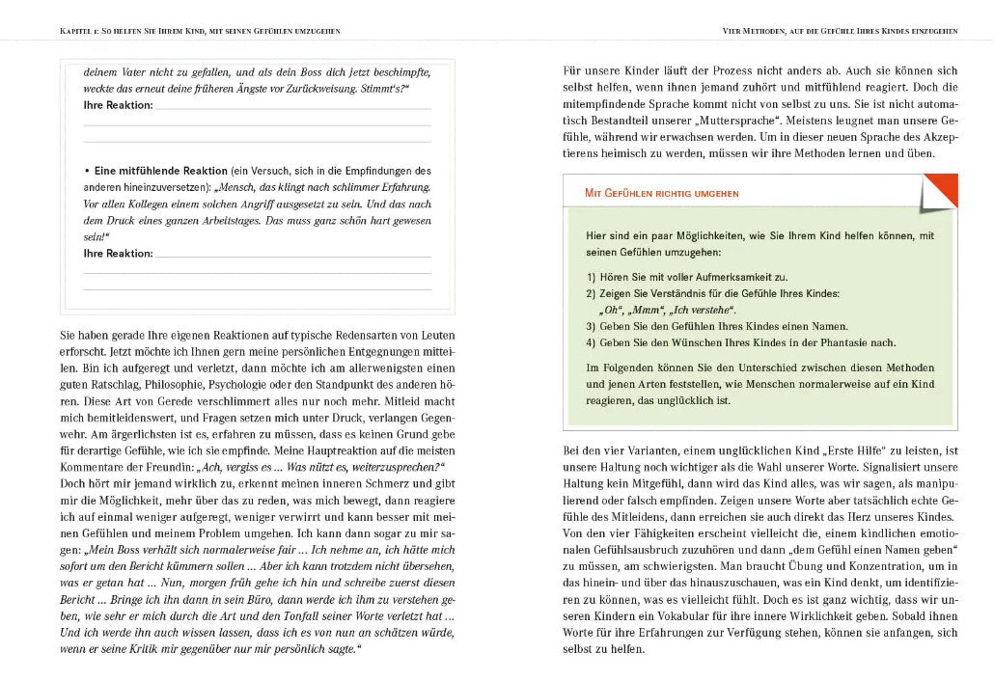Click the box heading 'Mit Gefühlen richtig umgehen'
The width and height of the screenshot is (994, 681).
(x=662, y=193)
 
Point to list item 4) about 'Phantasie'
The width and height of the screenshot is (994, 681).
(x=740, y=342)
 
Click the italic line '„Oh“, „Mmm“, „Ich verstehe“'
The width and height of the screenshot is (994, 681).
(x=667, y=310)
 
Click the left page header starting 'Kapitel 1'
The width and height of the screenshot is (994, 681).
(x=200, y=31)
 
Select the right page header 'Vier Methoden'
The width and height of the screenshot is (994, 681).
(x=840, y=31)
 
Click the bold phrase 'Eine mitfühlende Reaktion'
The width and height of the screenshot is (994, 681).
(x=161, y=170)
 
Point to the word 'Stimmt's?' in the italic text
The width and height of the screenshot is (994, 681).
(x=387, y=88)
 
